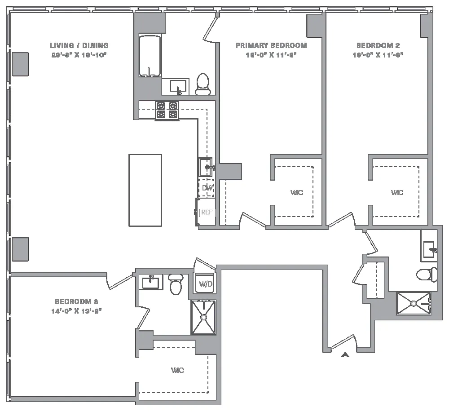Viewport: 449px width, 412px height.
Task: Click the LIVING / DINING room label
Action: point(79,45)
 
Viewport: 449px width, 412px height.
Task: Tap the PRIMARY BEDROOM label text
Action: point(271,45)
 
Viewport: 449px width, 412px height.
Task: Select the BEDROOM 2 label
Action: point(378,45)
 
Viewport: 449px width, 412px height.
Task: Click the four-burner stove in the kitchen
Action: point(167,110)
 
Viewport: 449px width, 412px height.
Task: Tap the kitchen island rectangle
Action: point(145,190)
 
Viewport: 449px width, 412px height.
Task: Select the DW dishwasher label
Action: point(207,188)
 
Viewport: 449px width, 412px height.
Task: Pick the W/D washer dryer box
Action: point(205,284)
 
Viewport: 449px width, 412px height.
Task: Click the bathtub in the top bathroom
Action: point(150,56)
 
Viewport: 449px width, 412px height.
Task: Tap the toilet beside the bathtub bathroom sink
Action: point(203,84)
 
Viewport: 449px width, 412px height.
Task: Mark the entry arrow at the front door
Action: point(345,355)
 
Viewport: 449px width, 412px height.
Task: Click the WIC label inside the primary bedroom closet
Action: point(297,192)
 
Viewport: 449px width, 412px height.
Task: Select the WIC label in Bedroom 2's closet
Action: point(397,192)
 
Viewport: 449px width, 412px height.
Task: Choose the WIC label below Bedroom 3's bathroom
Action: point(177,371)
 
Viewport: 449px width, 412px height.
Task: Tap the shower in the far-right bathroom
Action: point(414,304)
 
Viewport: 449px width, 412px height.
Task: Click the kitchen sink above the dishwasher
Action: point(206,167)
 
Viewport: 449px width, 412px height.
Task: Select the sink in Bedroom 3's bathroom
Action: point(150,283)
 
